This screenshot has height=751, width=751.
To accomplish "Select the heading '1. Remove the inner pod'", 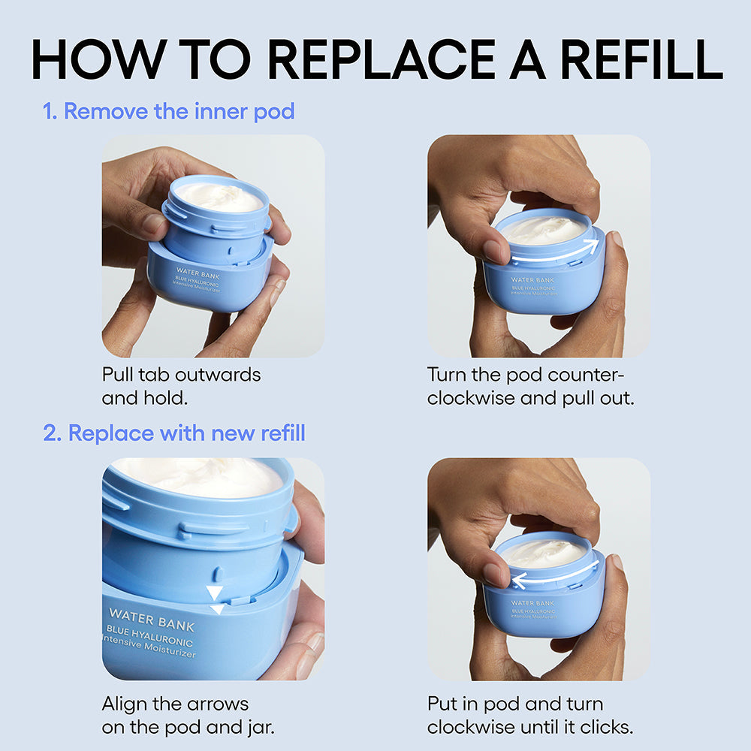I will (169, 112).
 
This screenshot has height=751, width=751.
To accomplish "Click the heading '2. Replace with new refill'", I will (174, 433).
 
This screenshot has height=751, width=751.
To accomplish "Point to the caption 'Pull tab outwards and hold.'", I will (181, 385).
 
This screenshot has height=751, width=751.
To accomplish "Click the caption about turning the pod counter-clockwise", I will (530, 385).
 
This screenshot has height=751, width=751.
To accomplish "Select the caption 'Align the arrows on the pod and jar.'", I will (175, 716).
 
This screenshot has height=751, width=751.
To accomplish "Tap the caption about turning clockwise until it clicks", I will (530, 716).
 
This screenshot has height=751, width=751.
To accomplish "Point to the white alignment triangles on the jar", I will (215, 597).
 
